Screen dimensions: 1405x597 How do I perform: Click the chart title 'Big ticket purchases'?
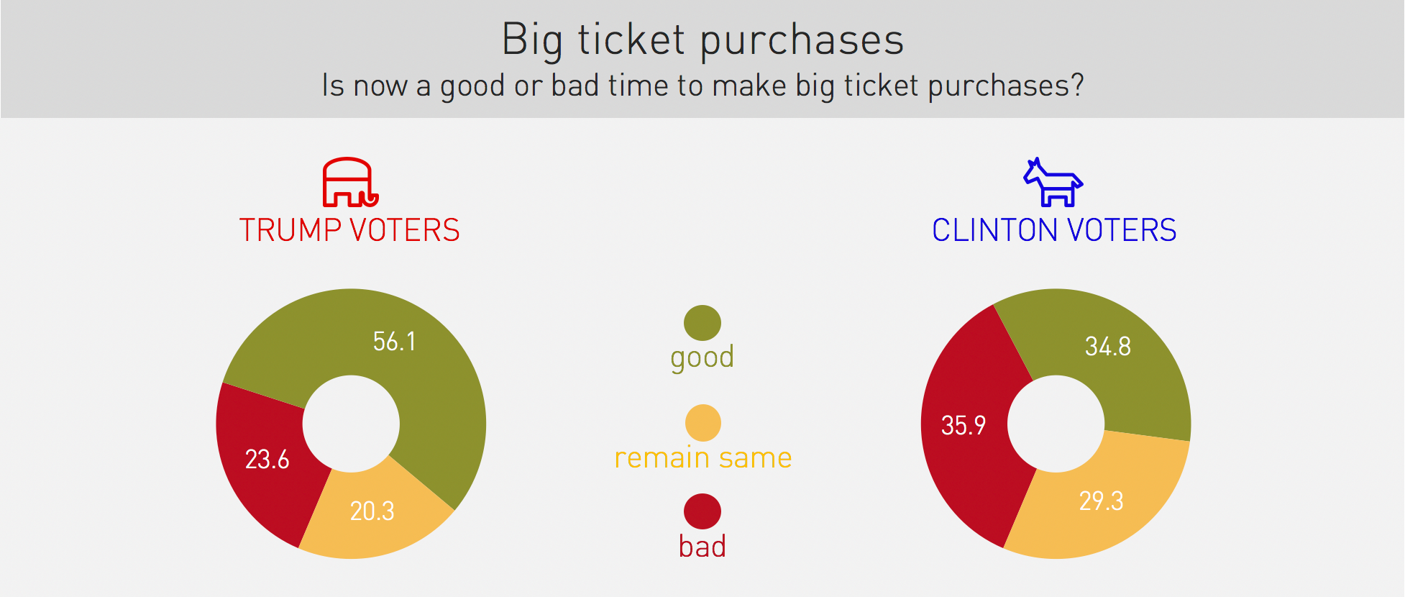(x=702, y=40)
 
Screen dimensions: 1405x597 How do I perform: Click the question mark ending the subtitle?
(x=1077, y=85)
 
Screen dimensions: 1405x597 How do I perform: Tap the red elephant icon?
(x=350, y=182)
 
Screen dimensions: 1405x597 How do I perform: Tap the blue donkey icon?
(x=1053, y=183)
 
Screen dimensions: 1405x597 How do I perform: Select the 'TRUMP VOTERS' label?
(x=349, y=230)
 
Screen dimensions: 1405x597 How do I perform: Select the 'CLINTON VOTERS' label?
(x=1054, y=230)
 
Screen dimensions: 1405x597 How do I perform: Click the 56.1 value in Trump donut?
(x=394, y=341)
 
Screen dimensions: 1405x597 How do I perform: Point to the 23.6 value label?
(x=267, y=459)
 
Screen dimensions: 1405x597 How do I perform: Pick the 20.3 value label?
(x=372, y=511)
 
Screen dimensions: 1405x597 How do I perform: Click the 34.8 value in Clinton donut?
(x=1108, y=346)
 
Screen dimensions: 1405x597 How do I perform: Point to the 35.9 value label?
(x=964, y=425)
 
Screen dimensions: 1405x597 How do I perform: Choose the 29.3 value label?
(x=1101, y=501)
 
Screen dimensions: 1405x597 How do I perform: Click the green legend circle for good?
(x=702, y=323)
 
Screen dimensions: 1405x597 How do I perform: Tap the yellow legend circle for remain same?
(x=702, y=423)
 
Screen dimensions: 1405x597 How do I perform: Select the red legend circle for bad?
(x=702, y=511)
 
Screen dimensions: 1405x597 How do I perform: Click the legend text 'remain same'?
(x=703, y=457)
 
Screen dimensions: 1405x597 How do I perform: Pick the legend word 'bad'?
(x=702, y=546)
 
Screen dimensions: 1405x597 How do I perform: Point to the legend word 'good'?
(x=702, y=357)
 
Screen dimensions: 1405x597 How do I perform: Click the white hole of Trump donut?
(x=351, y=424)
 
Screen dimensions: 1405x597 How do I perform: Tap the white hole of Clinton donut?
(x=1056, y=424)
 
